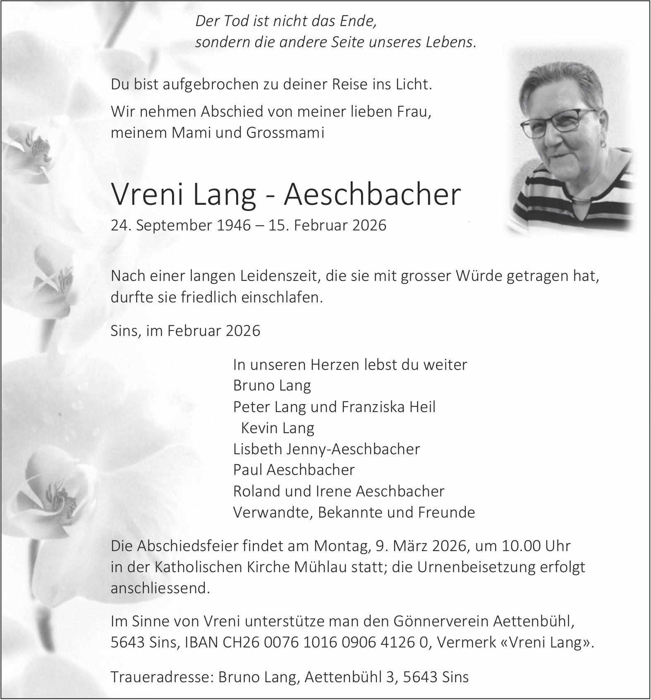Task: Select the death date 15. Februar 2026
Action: pos(327,225)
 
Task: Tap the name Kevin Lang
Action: pos(277,428)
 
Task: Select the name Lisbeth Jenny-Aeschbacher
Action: pos(326,449)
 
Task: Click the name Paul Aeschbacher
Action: pos(294,470)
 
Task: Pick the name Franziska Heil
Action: pos(388,407)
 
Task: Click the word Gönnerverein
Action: pos(441,621)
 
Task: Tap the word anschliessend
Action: pos(160,588)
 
